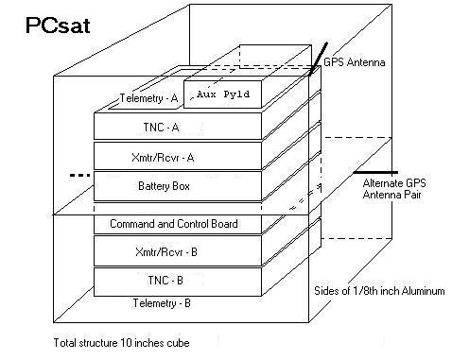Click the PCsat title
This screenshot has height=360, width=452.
58,26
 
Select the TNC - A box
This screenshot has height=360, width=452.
178,126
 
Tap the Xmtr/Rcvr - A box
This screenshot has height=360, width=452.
178,156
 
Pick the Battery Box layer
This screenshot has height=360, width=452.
178,186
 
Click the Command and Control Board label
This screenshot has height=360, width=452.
174,224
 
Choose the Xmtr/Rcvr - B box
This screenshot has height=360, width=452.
178,250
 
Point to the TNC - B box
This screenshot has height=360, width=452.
178,282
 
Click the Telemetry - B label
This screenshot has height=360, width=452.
162,303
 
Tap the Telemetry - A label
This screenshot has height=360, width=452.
148,98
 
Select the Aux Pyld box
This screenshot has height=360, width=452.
222,94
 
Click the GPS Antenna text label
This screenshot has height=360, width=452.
355,62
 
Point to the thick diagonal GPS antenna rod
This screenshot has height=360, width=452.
318,60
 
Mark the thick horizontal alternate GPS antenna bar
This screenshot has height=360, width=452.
375,172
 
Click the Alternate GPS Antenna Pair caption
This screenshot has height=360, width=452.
394,188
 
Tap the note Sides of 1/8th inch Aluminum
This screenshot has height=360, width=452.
379,290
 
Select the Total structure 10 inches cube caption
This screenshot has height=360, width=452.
121,343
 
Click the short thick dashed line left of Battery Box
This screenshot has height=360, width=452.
79,175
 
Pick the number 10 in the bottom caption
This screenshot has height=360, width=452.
126,343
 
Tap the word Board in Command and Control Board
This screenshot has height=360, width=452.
224,224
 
